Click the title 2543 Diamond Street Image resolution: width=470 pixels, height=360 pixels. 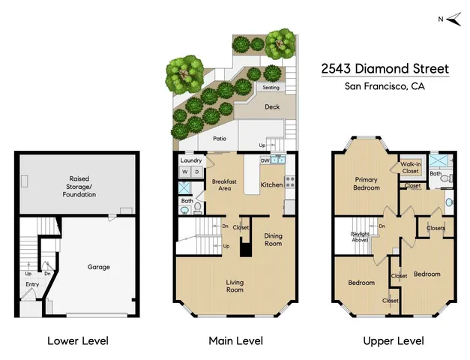pyautogui.click(x=385, y=69)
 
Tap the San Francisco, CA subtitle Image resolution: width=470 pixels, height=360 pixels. pyautogui.click(x=385, y=86)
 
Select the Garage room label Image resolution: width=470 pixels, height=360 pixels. pyautogui.click(x=98, y=267)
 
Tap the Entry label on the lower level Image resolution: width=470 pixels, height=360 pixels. pyautogui.click(x=31, y=283)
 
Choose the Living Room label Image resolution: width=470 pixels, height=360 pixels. pyautogui.click(x=235, y=286)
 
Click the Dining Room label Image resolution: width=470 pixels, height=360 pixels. pyautogui.click(x=274, y=240)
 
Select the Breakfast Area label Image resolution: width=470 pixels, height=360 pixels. pyautogui.click(x=224, y=185)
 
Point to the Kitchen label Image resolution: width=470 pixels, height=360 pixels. pyautogui.click(x=271, y=184)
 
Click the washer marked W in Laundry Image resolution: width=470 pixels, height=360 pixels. pyautogui.click(x=184, y=172)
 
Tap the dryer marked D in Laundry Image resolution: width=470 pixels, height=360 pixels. pyautogui.click(x=196, y=172)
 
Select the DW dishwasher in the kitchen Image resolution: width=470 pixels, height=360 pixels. pyautogui.click(x=265, y=160)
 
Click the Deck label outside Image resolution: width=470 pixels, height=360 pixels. pyautogui.click(x=272, y=107)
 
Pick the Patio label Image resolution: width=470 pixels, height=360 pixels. pyautogui.click(x=220, y=139)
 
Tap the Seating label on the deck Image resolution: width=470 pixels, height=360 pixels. pyautogui.click(x=271, y=88)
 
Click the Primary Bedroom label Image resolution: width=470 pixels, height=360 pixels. pyautogui.click(x=367, y=184)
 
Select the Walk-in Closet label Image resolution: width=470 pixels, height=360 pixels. pyautogui.click(x=410, y=167)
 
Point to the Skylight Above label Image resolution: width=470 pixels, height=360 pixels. pyautogui.click(x=359, y=237)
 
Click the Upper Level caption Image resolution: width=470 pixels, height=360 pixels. pyautogui.click(x=393, y=340)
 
